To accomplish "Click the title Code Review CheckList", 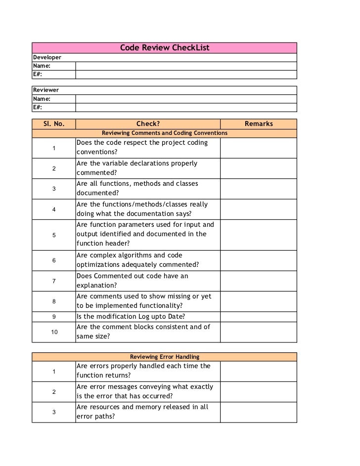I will coord(165,48).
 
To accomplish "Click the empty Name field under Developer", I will coord(186,66).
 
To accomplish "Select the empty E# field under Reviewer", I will coord(186,107).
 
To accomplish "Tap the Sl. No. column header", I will coord(53,124).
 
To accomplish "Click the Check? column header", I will coord(148,124).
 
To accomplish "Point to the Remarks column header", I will coord(258,124).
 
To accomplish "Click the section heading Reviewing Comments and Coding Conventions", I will coord(164,133).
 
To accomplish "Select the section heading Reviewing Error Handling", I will coord(164,357).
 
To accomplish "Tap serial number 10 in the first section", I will coord(53,332).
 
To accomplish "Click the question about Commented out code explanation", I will coord(132,281).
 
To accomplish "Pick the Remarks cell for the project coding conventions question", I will coord(258,148).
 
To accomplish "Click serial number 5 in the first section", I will coord(53,235).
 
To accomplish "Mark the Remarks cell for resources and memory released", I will coord(258,412).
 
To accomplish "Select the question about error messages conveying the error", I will coord(144,391).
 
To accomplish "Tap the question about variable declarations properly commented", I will coord(136,168).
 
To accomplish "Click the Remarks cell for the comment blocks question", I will coord(258,332).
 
